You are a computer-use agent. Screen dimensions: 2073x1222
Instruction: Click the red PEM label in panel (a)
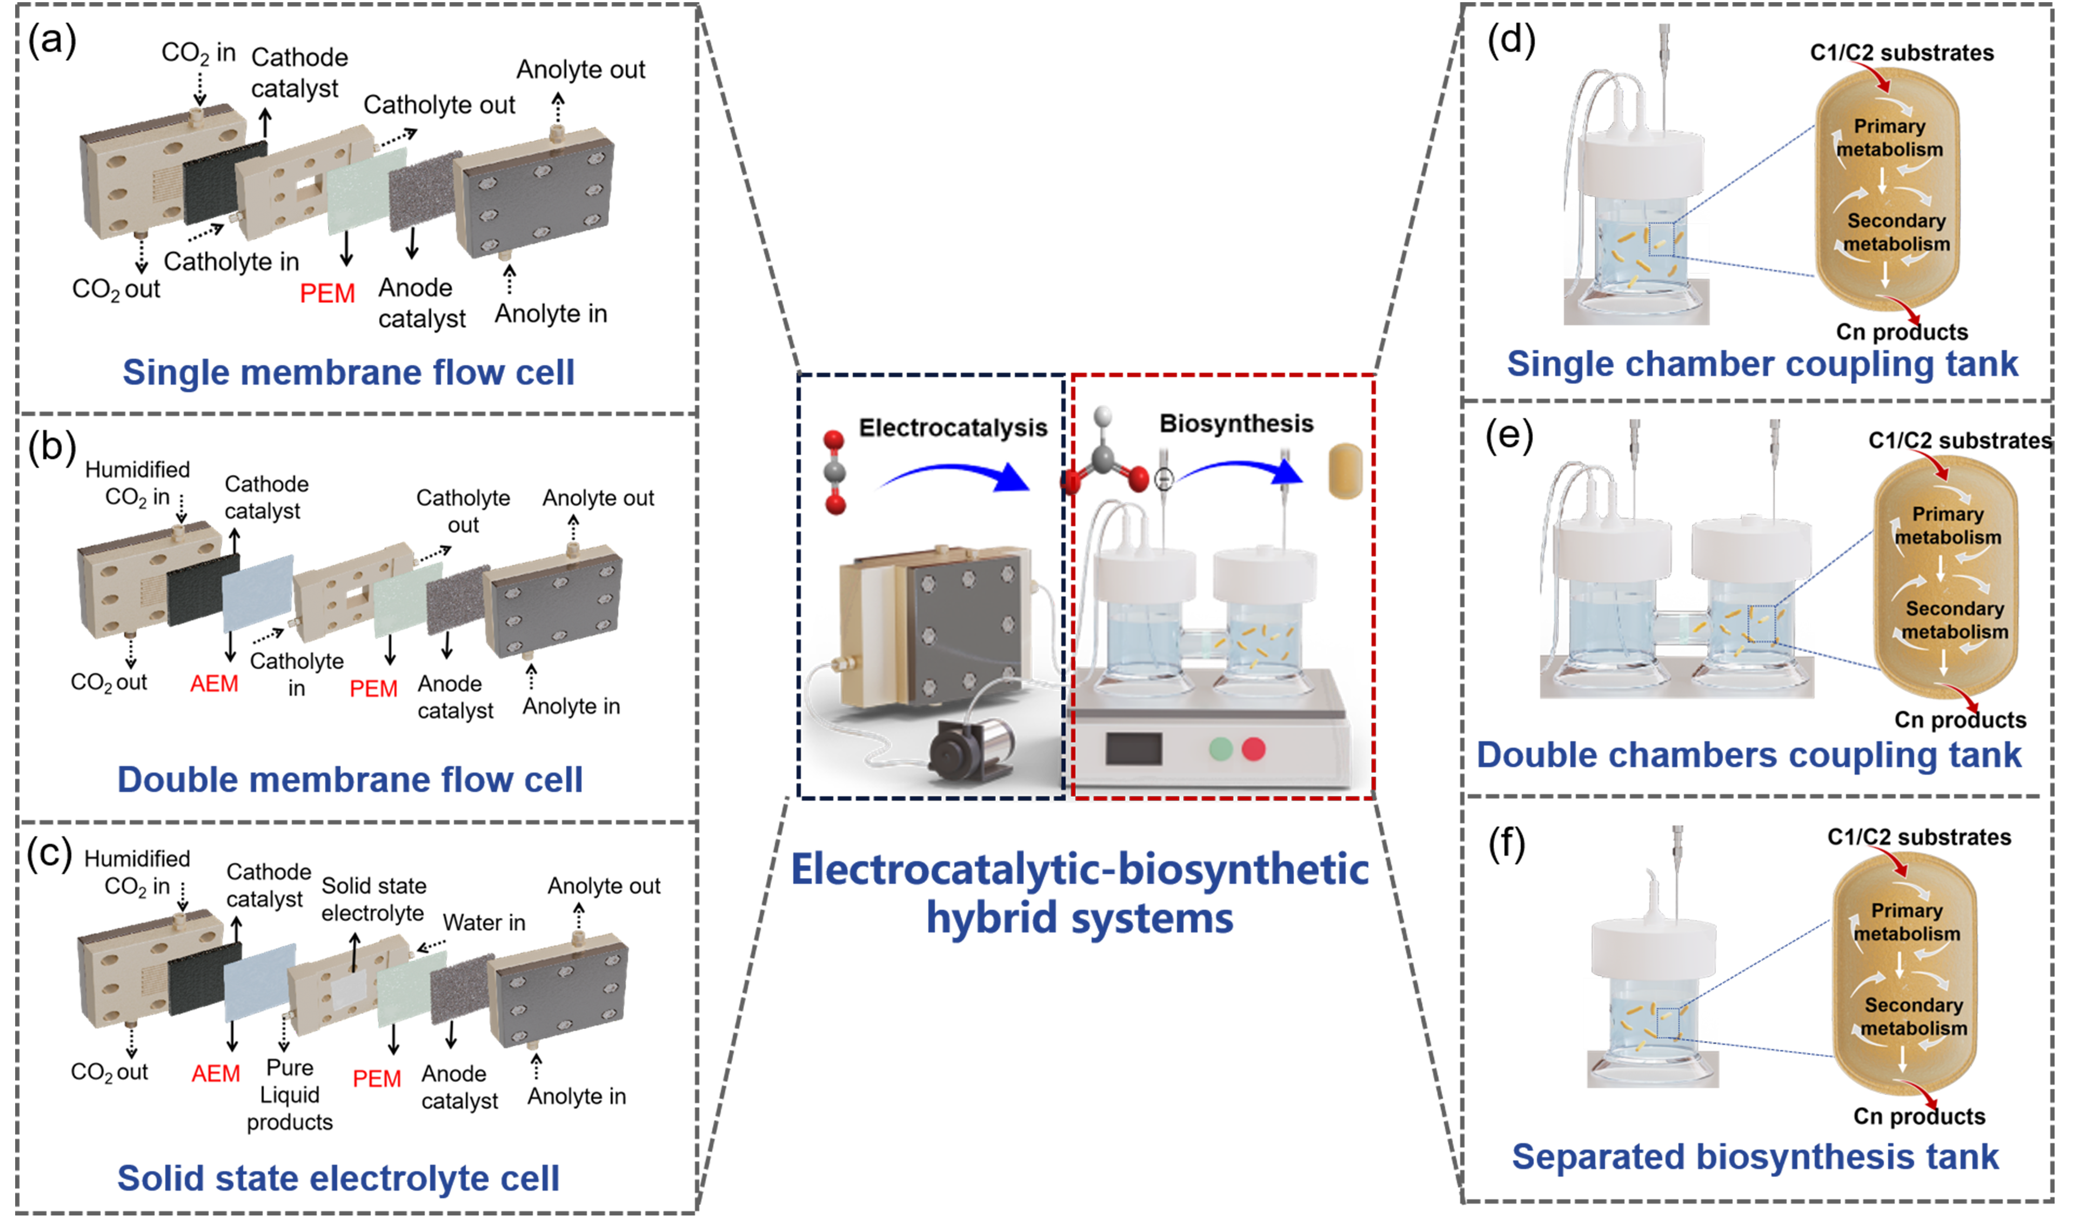pyautogui.click(x=327, y=293)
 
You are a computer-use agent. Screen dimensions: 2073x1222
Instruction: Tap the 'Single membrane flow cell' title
pyautogui.click(x=349, y=372)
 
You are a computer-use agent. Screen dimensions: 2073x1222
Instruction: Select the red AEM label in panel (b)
pyautogui.click(x=214, y=683)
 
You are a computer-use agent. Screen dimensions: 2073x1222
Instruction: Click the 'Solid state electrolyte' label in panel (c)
pyautogui.click(x=373, y=899)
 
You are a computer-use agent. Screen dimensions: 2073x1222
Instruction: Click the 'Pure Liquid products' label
pyautogui.click(x=290, y=1095)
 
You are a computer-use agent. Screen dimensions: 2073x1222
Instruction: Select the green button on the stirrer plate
pyautogui.click(x=1221, y=749)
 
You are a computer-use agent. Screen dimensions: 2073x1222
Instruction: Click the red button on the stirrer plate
pyautogui.click(x=1254, y=749)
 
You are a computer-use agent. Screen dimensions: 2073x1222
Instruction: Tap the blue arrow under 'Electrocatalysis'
pyautogui.click(x=955, y=471)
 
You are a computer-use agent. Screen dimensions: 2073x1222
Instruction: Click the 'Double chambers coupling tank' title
pyautogui.click(x=1749, y=755)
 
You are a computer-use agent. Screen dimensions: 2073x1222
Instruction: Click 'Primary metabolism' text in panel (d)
pyautogui.click(x=1889, y=138)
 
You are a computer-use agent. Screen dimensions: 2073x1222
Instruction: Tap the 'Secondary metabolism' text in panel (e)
pyautogui.click(x=1955, y=620)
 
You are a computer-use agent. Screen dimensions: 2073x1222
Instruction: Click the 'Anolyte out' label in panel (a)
pyautogui.click(x=580, y=70)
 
